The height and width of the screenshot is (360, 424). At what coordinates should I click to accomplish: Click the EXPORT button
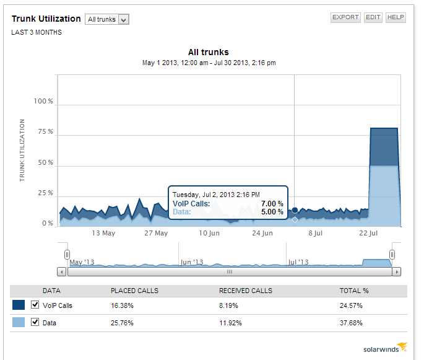tap(345, 17)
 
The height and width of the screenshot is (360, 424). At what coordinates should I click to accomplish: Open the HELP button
tap(396, 17)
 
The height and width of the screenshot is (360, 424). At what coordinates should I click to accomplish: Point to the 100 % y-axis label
tap(43, 102)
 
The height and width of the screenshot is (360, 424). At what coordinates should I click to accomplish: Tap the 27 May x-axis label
tap(156, 234)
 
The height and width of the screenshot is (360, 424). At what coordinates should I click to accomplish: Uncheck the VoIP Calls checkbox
tap(35, 305)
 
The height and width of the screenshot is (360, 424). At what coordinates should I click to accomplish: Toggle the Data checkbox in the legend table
tap(35, 322)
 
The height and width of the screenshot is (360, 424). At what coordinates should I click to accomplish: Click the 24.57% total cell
tap(350, 305)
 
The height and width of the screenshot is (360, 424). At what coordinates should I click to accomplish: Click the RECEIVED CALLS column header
tap(246, 291)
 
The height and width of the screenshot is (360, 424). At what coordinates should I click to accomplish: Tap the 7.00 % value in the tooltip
tap(272, 204)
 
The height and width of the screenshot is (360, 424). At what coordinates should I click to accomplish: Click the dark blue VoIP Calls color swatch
tap(19, 305)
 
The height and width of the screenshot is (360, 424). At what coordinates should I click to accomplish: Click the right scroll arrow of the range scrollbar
tap(397, 271)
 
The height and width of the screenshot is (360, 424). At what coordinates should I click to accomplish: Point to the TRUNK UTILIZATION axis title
tap(22, 150)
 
